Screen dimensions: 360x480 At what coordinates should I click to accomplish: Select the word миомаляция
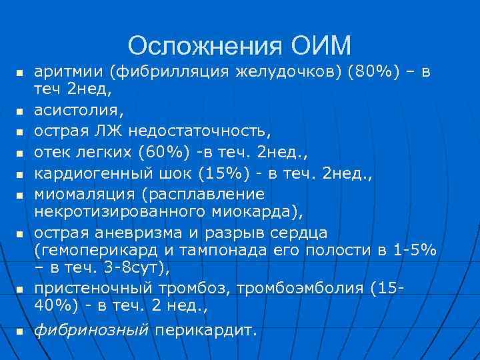coord(75,193)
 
